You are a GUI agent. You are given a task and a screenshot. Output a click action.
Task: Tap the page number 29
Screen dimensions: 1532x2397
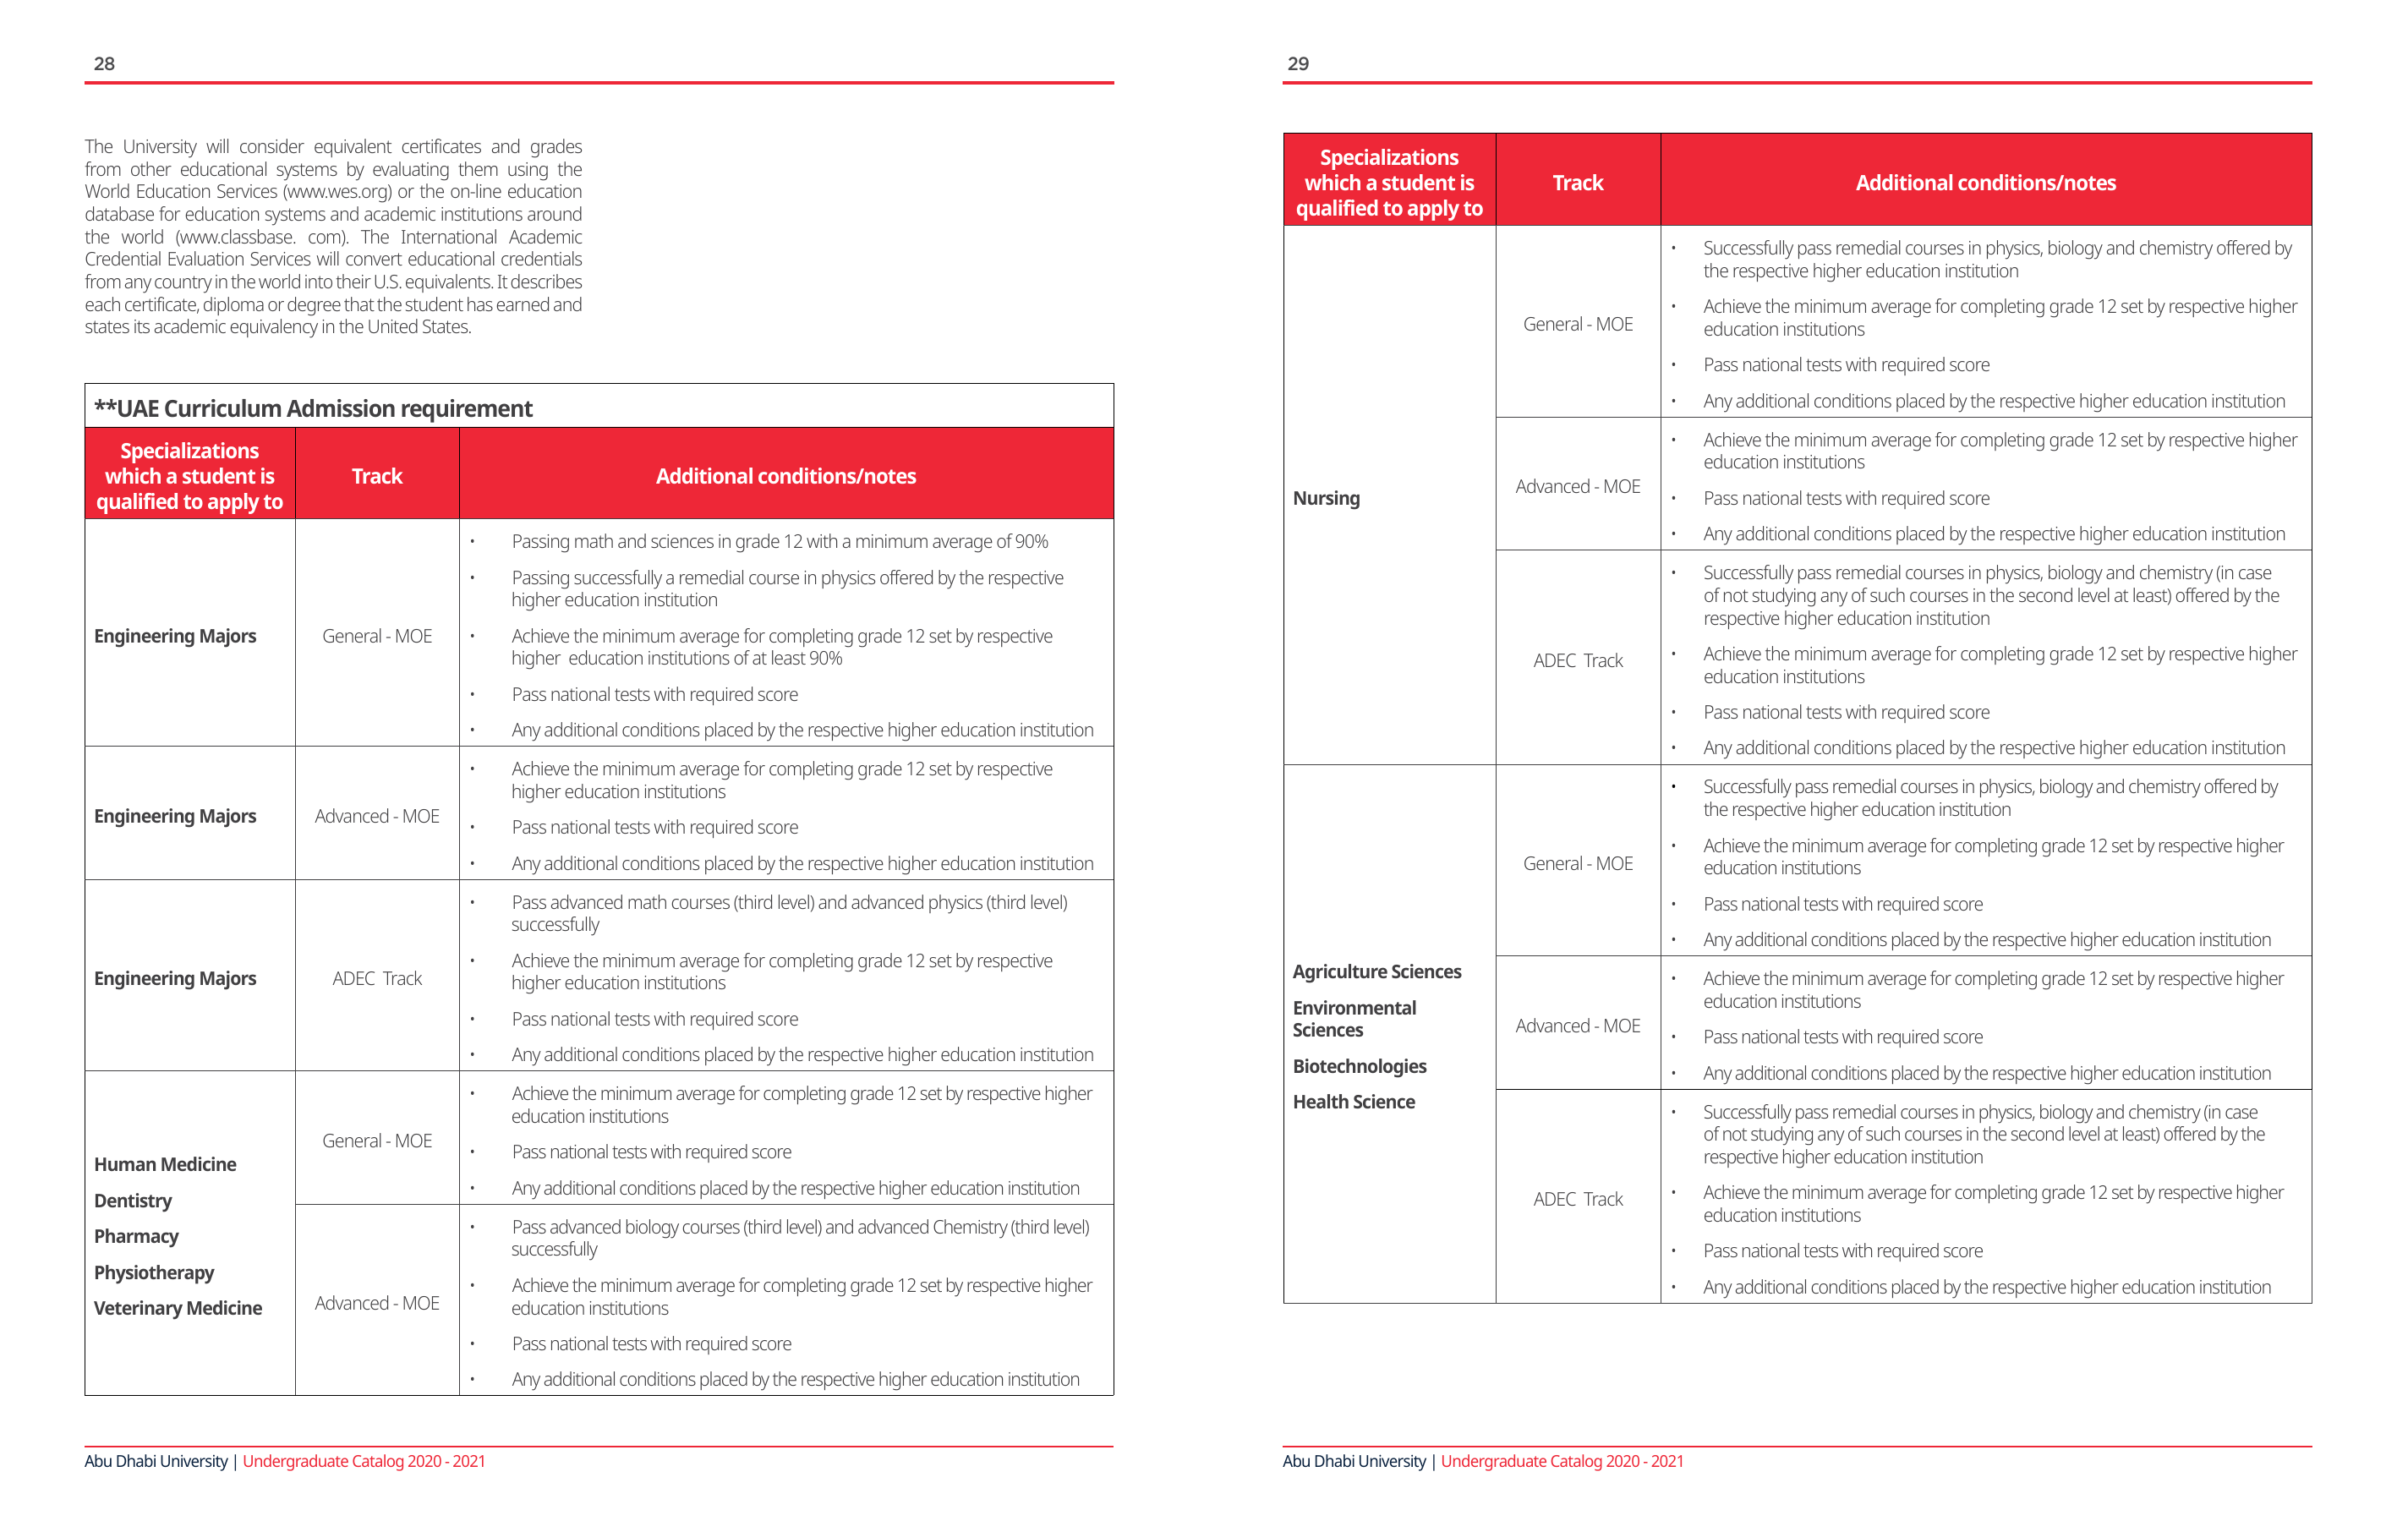point(1297,63)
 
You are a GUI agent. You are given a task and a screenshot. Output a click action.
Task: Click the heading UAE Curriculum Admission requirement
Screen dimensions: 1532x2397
point(314,408)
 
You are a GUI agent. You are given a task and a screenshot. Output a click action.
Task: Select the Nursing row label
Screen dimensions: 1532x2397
point(1326,498)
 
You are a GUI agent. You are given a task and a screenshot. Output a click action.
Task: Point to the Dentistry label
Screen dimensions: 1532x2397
point(133,1201)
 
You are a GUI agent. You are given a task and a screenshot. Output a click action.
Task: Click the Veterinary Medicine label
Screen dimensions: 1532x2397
point(178,1308)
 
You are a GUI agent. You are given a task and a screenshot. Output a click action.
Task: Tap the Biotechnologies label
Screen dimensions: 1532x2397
point(1359,1066)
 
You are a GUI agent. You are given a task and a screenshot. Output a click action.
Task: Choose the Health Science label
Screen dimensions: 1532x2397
point(1353,1102)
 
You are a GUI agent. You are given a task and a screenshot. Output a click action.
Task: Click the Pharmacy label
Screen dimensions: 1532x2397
point(136,1236)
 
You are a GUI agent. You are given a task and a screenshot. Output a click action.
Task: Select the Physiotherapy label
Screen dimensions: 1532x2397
point(153,1272)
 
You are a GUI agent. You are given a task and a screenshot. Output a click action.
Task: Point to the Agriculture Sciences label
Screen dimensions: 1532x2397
point(1376,971)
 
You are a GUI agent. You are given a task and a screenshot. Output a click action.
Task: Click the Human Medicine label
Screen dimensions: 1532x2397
point(164,1165)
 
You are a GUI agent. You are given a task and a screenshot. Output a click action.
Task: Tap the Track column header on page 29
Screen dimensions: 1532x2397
point(1577,183)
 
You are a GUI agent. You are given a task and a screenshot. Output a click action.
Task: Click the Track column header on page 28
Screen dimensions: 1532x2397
point(376,476)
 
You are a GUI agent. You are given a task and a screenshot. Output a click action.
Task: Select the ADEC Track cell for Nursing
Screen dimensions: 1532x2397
point(1577,661)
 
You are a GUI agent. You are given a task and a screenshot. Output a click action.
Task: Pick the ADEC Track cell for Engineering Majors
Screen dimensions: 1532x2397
point(376,978)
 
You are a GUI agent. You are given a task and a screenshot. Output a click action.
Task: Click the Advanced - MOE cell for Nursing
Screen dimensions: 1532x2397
point(1577,487)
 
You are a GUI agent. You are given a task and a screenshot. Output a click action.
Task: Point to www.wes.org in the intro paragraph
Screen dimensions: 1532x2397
point(337,191)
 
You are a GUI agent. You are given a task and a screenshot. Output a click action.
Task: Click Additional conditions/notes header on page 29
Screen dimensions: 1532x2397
point(1985,183)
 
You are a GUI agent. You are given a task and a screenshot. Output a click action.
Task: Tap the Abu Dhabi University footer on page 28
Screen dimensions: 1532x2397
point(156,1461)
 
